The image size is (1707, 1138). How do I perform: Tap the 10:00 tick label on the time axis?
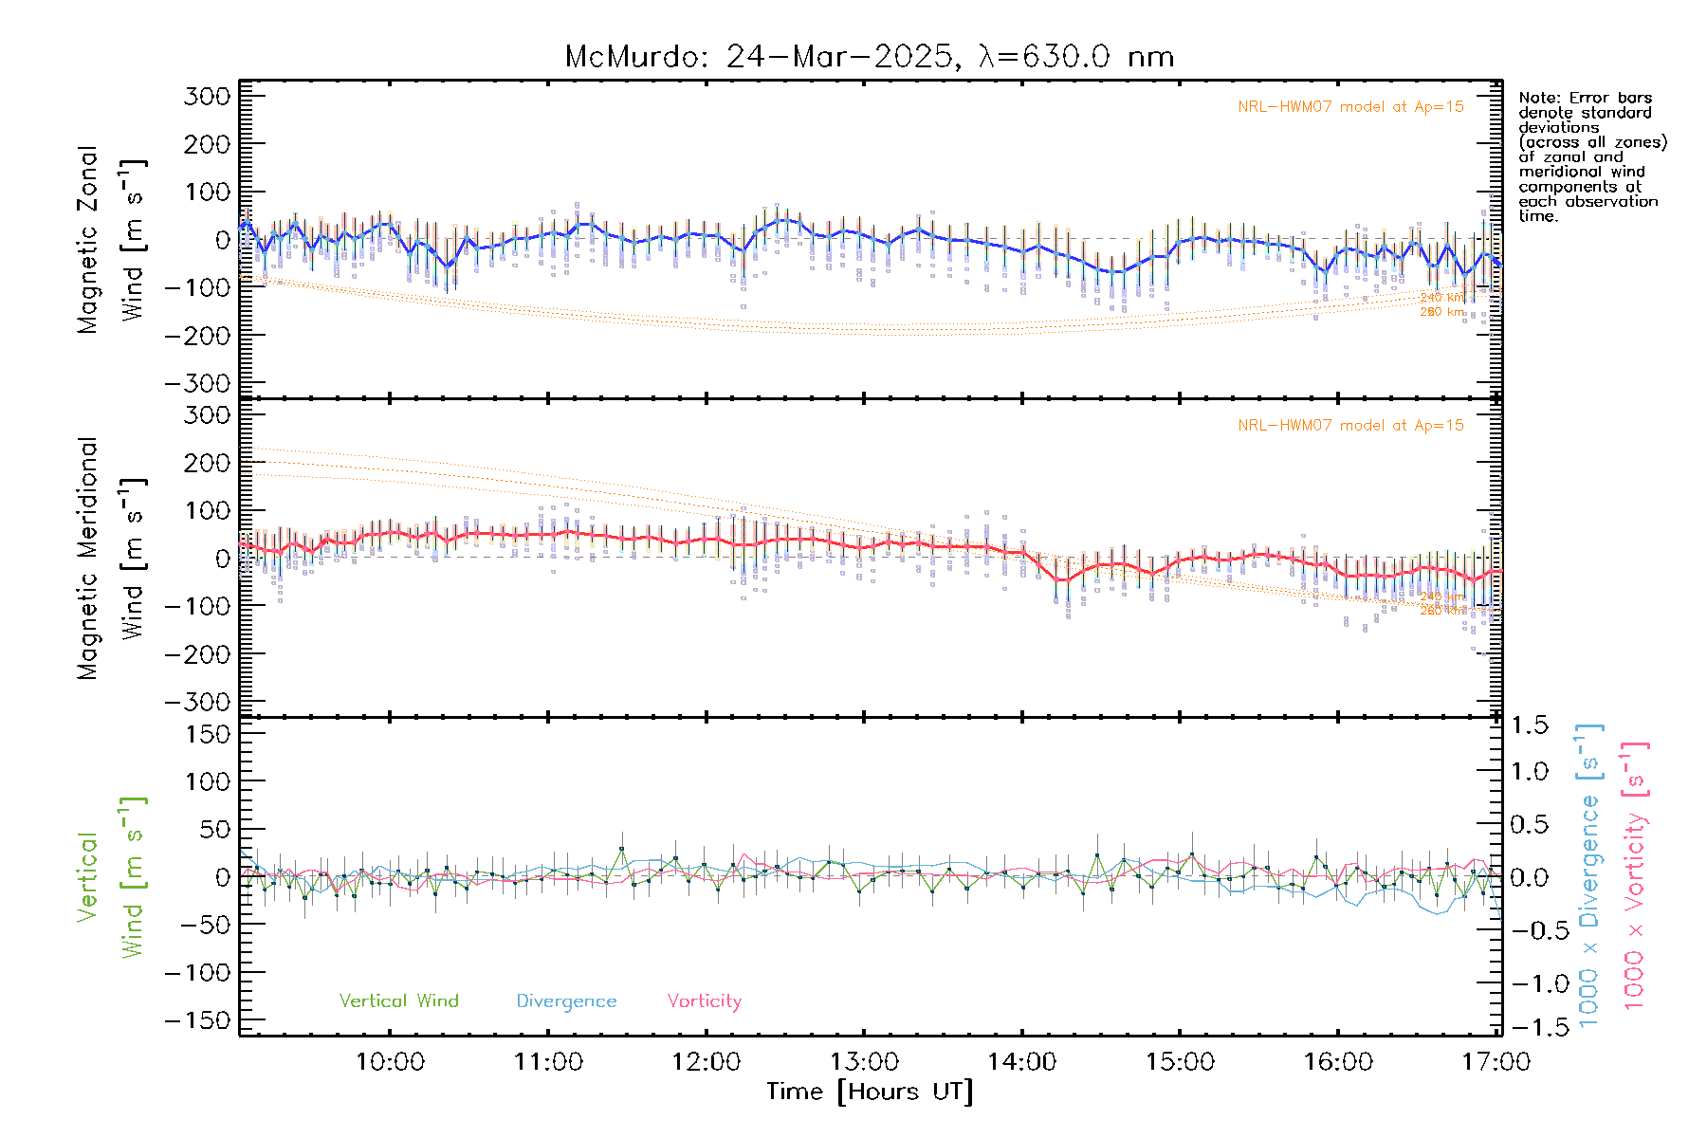click(x=390, y=1062)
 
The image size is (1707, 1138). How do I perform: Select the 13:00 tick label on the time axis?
click(x=864, y=1062)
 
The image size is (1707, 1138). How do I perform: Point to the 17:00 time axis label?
click(x=1496, y=1062)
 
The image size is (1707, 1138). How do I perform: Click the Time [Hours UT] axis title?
click(x=870, y=1092)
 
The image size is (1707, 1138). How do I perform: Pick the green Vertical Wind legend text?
click(x=398, y=1001)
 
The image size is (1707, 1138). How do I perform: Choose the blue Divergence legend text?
click(x=566, y=1001)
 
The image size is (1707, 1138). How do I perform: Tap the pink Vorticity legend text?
click(x=704, y=1001)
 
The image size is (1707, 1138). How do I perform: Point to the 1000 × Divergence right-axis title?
click(x=1589, y=875)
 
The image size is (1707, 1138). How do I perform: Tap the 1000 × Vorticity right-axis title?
click(x=1635, y=875)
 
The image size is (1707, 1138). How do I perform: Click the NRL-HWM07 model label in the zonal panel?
click(x=1350, y=107)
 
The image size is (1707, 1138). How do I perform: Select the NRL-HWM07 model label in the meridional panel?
click(x=1350, y=426)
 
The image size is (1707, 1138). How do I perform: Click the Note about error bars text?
click(x=1591, y=156)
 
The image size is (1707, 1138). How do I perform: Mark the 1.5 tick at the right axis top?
click(x=1530, y=725)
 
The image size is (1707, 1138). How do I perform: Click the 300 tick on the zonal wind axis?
click(x=208, y=97)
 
